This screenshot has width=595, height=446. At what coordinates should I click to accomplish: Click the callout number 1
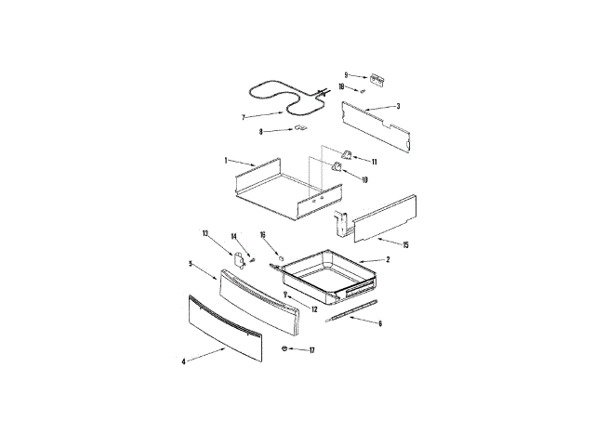pos(225,160)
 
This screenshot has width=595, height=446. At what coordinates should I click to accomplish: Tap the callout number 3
pos(398,106)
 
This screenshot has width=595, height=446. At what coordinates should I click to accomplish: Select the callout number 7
pos(243,118)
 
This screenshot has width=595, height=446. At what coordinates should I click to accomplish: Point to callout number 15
pos(405,243)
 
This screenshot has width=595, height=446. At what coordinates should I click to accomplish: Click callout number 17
pos(312,350)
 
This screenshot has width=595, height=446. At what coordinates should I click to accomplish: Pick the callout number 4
pos(183,361)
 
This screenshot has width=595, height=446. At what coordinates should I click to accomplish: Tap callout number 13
pos(205,232)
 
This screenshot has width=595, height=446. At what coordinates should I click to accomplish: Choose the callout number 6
pos(379,323)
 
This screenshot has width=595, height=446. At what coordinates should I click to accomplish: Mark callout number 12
pos(314,308)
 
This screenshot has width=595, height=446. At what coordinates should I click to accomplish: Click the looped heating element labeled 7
pos(279,93)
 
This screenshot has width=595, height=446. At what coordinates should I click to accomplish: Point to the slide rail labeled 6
pos(353,310)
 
